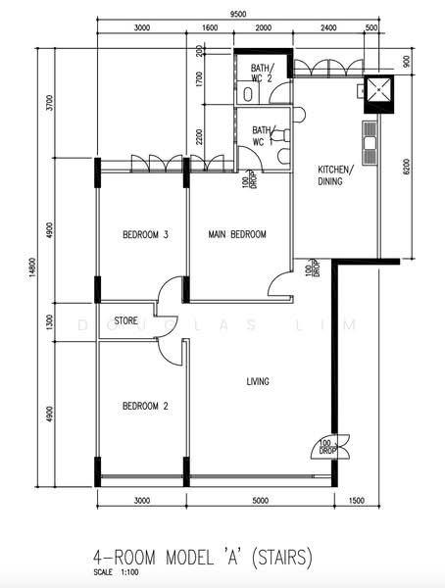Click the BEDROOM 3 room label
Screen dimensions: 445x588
coord(145,235)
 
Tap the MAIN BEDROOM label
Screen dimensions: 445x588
coord(237,234)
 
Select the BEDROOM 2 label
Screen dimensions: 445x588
coord(145,406)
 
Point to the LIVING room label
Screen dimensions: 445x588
coord(258,381)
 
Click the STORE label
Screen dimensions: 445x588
coord(126,321)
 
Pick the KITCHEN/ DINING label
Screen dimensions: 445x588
coord(335,175)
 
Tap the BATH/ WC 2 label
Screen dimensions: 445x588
coord(263,73)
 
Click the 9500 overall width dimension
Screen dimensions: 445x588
coord(238,15)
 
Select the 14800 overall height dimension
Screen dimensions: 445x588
coord(32,268)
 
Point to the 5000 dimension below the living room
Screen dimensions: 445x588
coord(261,501)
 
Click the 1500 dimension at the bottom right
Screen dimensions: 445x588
coord(357,501)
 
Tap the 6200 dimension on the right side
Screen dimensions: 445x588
coord(406,167)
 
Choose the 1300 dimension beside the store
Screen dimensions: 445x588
coord(50,322)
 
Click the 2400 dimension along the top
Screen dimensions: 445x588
coord(328,27)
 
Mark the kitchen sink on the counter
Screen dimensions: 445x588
coord(370,143)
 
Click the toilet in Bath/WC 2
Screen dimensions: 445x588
coord(247,94)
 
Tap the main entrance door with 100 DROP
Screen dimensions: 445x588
coord(330,447)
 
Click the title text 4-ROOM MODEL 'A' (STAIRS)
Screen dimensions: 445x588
coord(203,557)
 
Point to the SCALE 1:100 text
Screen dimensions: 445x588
coord(116,572)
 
